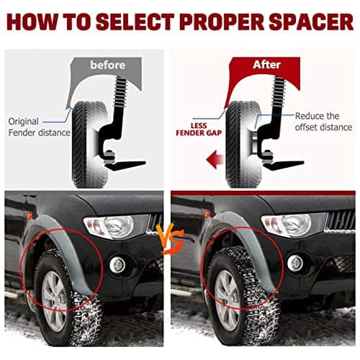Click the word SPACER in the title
pyautogui.click(x=311, y=22)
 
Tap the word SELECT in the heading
pyautogui.click(x=135, y=22)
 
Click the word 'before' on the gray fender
pyautogui.click(x=108, y=65)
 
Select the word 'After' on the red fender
pyautogui.click(x=266, y=65)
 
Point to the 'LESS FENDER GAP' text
pyautogui.click(x=199, y=130)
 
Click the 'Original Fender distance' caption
pyautogui.click(x=39, y=127)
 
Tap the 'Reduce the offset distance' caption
pyautogui.click(x=323, y=122)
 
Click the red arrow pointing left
pyautogui.click(x=215, y=159)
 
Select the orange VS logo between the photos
pyautogui.click(x=169, y=238)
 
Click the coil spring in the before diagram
pyautogui.click(x=121, y=91)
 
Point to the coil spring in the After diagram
pyautogui.click(x=279, y=91)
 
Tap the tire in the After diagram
pyautogui.click(x=243, y=145)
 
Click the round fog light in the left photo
pyautogui.click(x=117, y=265)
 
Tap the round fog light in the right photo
pyautogui.click(x=295, y=264)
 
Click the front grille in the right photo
pyautogui.click(x=341, y=220)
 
